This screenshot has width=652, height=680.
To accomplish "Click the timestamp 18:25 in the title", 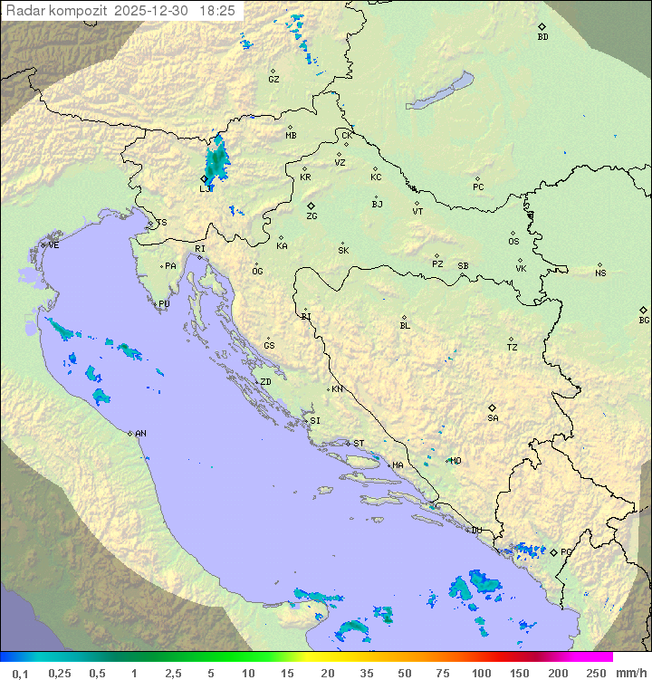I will [217, 10].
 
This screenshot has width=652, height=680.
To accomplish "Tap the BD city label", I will [542, 37].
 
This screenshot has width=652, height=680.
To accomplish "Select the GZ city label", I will [273, 80].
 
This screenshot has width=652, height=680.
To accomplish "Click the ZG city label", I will [312, 216].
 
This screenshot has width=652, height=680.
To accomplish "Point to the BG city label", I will [644, 321].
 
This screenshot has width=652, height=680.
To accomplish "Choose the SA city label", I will [493, 418].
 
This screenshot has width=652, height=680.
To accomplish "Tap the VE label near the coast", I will [53, 245].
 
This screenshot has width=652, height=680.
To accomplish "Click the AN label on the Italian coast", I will [140, 434].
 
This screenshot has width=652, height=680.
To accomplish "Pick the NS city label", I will [600, 273].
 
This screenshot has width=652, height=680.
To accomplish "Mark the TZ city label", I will [513, 348].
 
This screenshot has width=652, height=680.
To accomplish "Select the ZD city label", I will [265, 382].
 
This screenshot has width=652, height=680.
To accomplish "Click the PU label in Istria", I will [164, 304].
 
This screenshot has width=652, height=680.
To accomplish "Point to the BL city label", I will [405, 326].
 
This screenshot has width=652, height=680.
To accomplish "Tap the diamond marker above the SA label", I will [493, 407].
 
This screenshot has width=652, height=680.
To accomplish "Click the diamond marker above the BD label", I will [542, 26].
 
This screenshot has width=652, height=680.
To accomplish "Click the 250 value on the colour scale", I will [596, 673].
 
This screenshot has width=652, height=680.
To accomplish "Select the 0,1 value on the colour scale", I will [20, 673].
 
